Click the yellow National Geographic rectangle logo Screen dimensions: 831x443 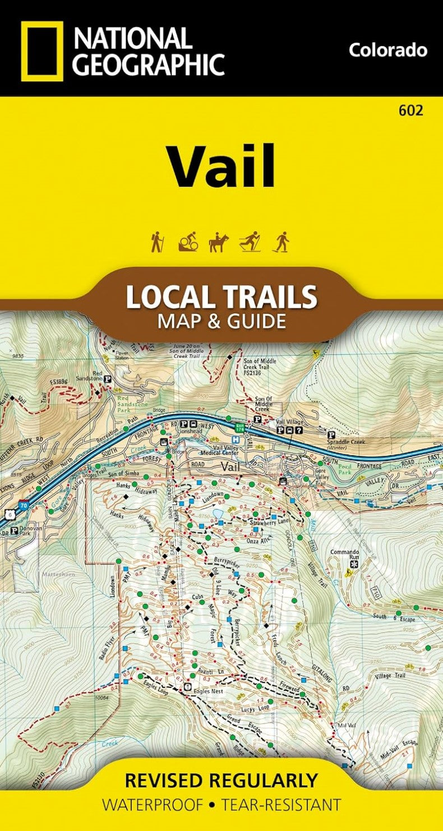click(x=42, y=51)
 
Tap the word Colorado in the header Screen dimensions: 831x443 click(x=387, y=50)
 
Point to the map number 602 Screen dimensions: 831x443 click(x=411, y=110)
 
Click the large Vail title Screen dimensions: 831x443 click(x=222, y=167)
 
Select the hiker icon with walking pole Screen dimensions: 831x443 click(x=156, y=242)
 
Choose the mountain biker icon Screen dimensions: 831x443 click(x=188, y=242)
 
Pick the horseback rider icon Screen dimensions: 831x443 click(x=219, y=242)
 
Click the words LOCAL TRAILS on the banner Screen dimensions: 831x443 click(x=221, y=298)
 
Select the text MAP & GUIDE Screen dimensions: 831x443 click(x=221, y=321)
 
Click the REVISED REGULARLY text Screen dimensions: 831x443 click(x=221, y=780)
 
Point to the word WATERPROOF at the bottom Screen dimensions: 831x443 click(x=152, y=805)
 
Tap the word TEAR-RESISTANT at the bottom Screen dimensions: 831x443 click(x=281, y=805)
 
